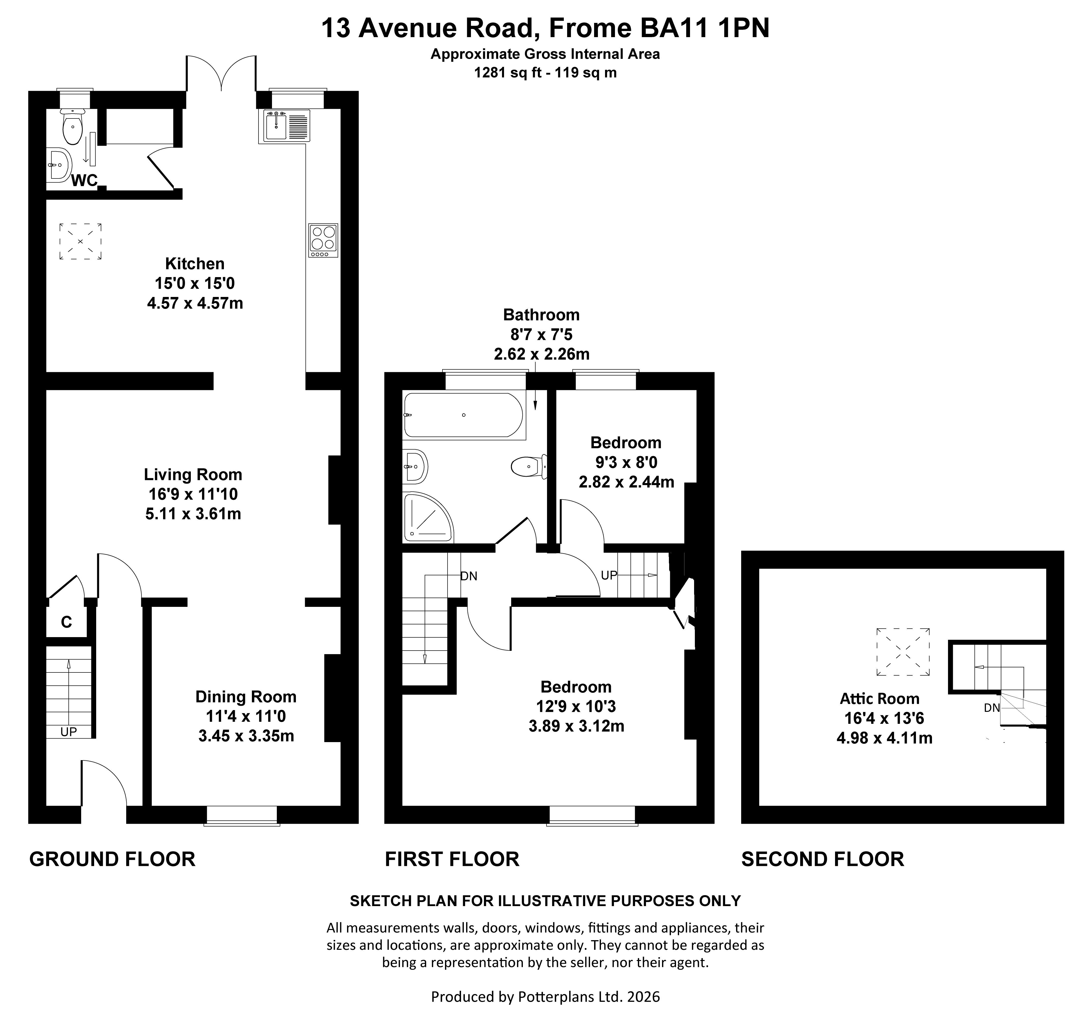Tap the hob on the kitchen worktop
coord(323,240)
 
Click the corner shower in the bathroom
coord(427,517)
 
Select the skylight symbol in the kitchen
coord(80,241)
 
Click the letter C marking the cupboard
coord(66,622)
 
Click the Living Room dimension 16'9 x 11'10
coord(193,494)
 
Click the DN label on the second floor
coord(992,708)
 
